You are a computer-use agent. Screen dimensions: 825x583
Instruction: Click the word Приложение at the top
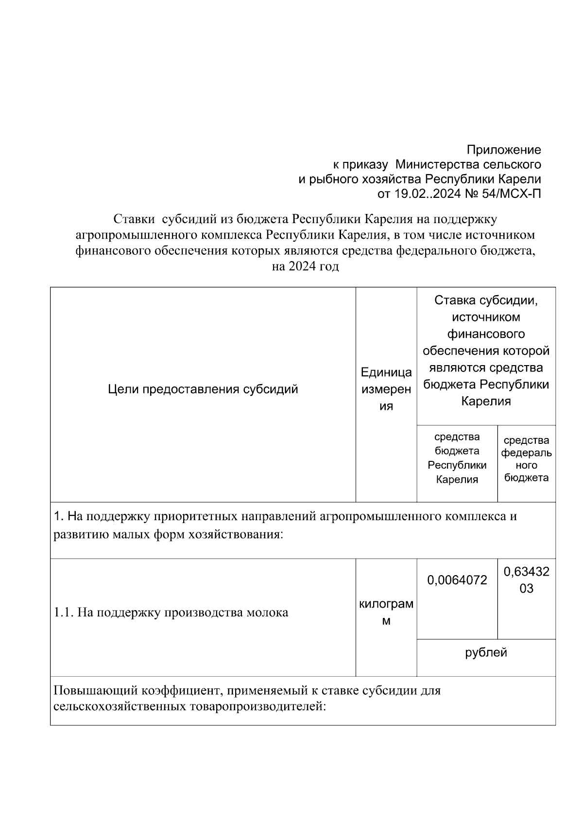click(503, 150)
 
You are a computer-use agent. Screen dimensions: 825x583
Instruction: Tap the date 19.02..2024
click(426, 194)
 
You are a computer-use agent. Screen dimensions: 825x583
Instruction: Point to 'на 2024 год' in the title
click(305, 266)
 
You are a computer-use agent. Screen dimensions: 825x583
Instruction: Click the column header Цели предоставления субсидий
click(203, 389)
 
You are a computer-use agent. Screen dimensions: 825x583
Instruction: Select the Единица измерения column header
click(386, 389)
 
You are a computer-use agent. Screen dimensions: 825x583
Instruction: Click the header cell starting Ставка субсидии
click(486, 351)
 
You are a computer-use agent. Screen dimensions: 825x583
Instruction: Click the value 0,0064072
click(457, 580)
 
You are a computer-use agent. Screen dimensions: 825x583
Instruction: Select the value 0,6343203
click(526, 580)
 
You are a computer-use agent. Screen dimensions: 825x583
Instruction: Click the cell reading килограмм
click(386, 613)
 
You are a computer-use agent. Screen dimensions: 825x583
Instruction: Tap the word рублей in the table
click(486, 652)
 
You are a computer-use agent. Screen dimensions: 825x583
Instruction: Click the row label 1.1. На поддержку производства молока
click(171, 613)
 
